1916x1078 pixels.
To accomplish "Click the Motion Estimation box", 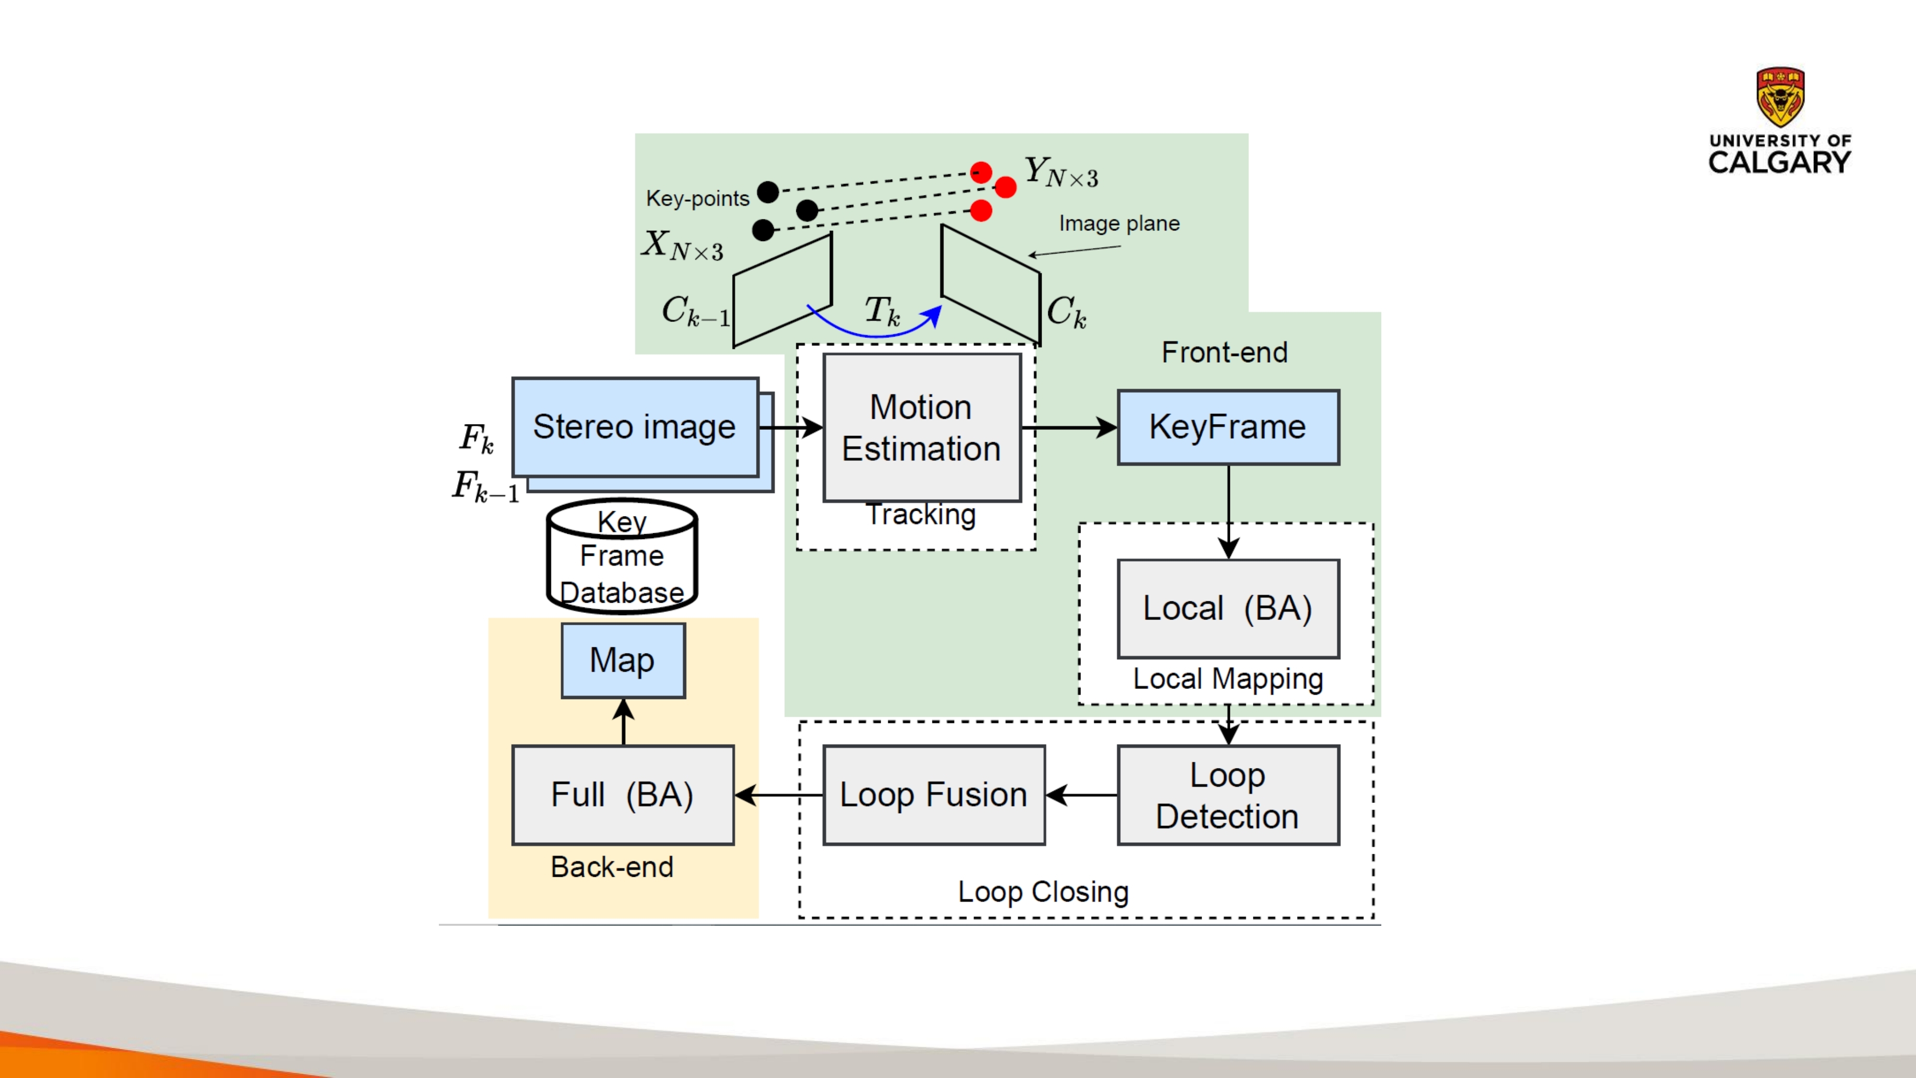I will (x=921, y=428).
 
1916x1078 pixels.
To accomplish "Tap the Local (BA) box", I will (x=1228, y=608).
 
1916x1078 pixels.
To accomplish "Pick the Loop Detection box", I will (x=1228, y=795).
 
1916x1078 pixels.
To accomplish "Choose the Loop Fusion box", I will (x=933, y=795).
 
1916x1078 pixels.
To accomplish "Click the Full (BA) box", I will (x=622, y=795).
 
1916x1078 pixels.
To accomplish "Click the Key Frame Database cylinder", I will (x=622, y=556).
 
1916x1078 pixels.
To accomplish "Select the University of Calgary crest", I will (x=1780, y=97).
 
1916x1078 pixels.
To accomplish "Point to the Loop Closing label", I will (x=1043, y=891).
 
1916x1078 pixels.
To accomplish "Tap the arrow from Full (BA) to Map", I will (x=623, y=722).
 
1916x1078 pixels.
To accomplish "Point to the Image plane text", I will (x=1119, y=223).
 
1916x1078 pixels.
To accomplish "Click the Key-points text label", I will (x=697, y=199).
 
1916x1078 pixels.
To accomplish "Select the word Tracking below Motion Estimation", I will (x=921, y=515).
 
